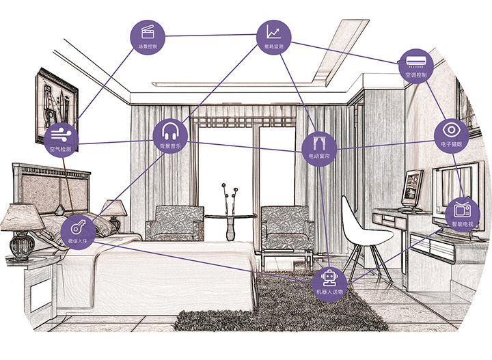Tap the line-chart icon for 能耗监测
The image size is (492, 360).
pos(273,31)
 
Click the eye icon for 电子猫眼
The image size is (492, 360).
pos(452,129)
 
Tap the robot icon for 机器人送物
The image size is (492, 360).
pos(329,277)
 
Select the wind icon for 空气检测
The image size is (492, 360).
pos(61,134)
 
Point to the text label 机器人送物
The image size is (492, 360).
pos(329,292)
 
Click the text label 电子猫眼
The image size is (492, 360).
pos(452,143)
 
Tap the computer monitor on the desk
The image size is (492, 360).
pos(411,189)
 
